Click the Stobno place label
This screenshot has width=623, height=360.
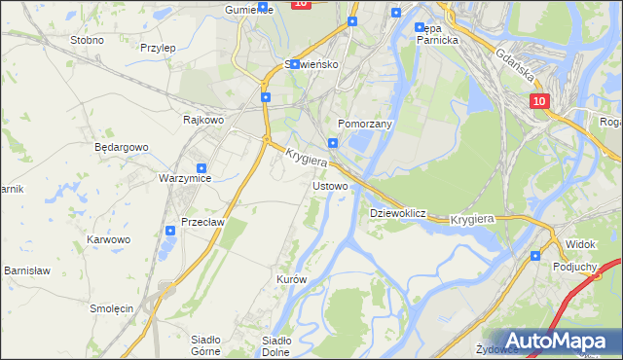88,40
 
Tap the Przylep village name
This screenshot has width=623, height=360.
157,47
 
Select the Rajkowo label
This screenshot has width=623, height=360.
204,120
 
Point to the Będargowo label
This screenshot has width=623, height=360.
121,147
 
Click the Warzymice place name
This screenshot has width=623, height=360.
185,179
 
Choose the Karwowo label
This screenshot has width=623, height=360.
108,238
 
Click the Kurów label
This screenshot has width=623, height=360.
291,279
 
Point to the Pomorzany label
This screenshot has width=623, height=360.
364,125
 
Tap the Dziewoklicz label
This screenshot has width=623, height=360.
398,212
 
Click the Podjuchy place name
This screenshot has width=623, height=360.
574,265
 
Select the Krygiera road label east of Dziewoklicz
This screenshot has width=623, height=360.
473,220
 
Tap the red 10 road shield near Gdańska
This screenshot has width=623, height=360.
540,100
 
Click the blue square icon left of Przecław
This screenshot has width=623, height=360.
169,231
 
